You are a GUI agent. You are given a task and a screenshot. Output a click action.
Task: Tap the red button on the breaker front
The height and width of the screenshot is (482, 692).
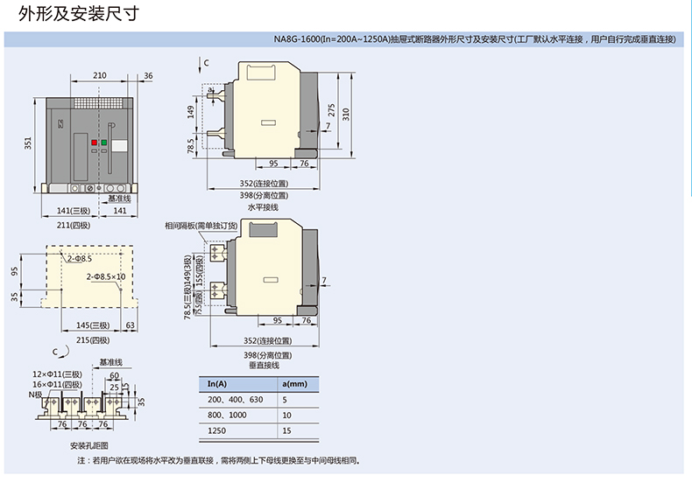pos(93,141)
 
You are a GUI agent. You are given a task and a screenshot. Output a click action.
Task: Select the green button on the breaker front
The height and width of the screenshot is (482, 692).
pos(103,141)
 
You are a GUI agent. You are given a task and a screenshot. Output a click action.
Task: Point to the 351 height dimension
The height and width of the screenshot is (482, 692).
pos(28,142)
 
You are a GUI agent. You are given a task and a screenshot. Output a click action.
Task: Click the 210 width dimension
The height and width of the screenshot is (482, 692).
pos(100,76)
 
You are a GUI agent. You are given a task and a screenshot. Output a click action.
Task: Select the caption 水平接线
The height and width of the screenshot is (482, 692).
pos(263,207)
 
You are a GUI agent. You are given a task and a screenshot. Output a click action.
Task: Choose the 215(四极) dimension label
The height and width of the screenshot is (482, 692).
pos(93,340)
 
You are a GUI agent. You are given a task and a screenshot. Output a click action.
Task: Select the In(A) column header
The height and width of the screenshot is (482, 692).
pos(215,384)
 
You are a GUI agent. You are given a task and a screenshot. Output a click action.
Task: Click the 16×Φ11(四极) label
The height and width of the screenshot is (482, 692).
pos(56,384)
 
